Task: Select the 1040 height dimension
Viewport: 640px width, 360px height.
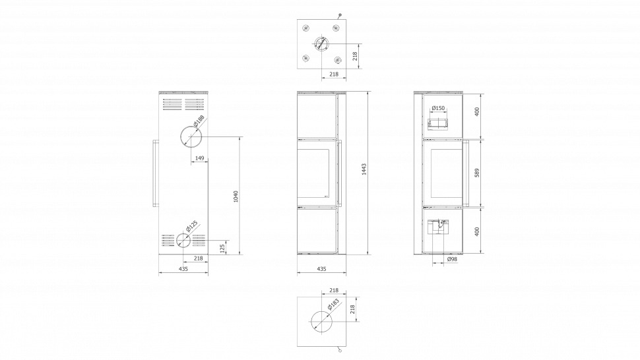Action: [x=236, y=196]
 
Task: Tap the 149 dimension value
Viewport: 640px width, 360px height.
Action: [x=200, y=158]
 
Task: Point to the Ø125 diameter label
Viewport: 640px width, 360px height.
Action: [x=191, y=226]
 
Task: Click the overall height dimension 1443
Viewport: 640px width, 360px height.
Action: [x=364, y=169]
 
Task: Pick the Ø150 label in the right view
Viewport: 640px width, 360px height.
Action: [x=438, y=108]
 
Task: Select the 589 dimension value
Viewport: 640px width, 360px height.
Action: [x=477, y=173]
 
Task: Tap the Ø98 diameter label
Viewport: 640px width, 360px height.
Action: [x=452, y=259]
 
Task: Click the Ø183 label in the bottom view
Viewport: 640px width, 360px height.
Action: [x=333, y=305]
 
